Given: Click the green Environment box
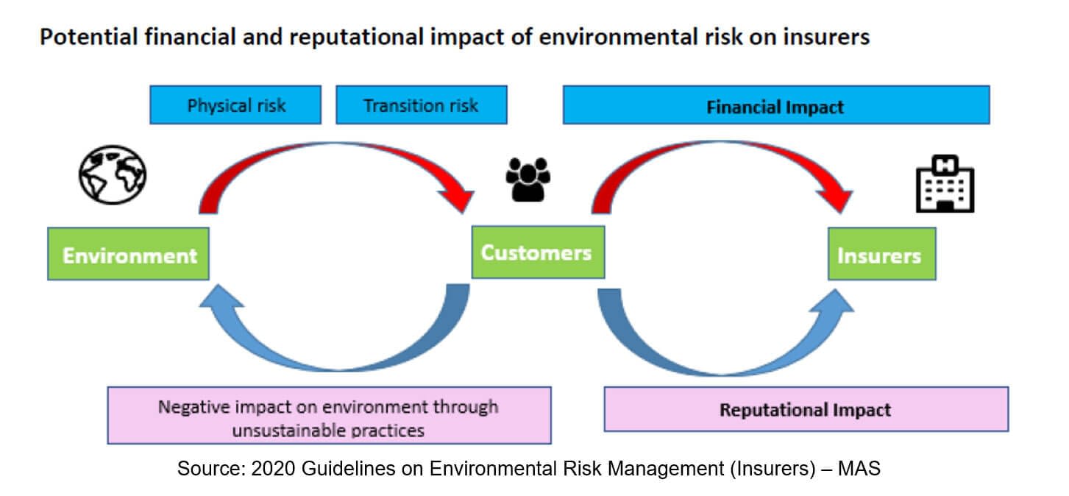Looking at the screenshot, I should [x=129, y=254].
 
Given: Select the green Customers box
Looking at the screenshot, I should [x=537, y=252].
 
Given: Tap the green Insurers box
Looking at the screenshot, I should [x=881, y=255].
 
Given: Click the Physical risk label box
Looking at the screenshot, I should [x=235, y=105].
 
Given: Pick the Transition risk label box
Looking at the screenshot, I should [x=421, y=105].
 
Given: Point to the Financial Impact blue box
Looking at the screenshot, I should [x=775, y=106].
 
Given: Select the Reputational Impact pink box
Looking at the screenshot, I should [x=806, y=409].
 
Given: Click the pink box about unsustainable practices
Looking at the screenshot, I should [x=329, y=417].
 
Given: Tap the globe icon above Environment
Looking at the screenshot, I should [x=113, y=174].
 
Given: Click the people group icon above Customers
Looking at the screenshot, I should [x=528, y=179].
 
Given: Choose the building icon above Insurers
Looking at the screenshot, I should [x=945, y=185].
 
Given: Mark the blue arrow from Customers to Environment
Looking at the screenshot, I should [x=331, y=346].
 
